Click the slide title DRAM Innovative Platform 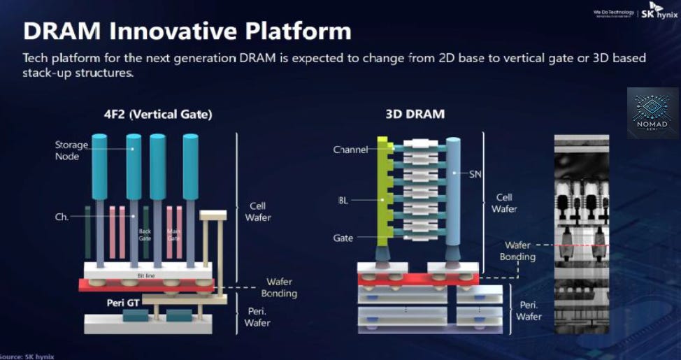[187, 31]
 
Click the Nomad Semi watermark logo [652, 113]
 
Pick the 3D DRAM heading [415, 114]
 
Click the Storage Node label [71, 150]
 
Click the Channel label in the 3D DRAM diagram [350, 150]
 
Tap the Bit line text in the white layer [145, 276]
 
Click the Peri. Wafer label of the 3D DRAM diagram [529, 311]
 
